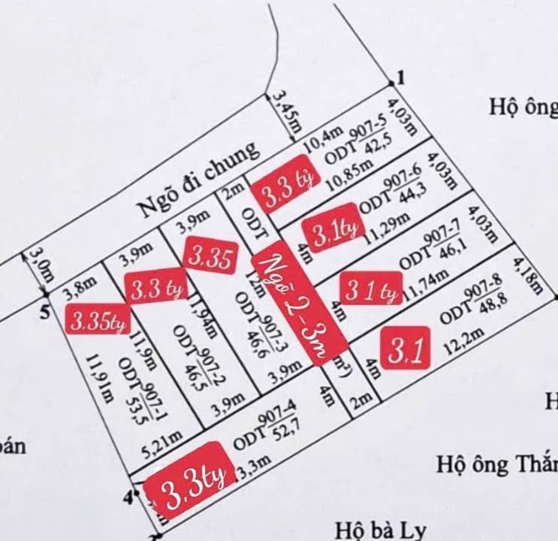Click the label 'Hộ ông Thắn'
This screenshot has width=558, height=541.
pos(496,460)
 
